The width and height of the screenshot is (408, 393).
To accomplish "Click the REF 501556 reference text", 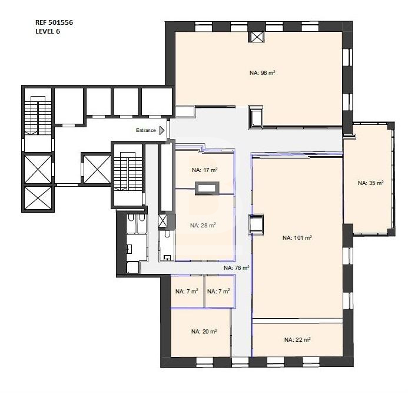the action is point(54,22).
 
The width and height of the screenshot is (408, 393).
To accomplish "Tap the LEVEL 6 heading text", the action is point(48,31).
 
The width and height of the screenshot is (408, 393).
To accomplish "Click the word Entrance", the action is point(146,130).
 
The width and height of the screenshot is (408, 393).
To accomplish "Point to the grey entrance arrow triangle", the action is point(162,130).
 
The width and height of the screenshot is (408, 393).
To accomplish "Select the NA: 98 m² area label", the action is point(263,72).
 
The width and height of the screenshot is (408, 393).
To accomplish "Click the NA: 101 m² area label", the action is point(297,237).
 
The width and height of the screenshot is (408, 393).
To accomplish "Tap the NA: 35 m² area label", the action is point(370,183).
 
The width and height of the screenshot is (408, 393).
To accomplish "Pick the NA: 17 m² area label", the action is point(204,170).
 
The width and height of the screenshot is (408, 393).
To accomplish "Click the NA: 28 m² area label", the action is point(203,225).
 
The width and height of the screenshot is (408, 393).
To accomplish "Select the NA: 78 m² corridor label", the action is point(237,267).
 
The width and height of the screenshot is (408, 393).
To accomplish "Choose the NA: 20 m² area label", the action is point(204,331).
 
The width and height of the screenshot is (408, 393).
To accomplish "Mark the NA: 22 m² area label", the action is point(297,339).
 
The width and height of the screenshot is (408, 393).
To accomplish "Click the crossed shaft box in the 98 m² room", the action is point(257,37).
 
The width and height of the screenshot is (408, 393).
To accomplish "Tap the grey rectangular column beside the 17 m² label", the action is point(207,188).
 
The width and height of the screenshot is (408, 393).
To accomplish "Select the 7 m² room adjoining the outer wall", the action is point(187,292).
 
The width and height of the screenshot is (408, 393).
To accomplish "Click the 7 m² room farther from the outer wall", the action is point(219,292).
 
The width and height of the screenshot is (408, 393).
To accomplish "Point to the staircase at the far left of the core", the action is point(38,115).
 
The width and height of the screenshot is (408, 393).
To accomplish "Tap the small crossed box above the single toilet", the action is point(162,220).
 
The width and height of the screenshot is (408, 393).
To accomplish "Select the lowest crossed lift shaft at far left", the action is point(38,198).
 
